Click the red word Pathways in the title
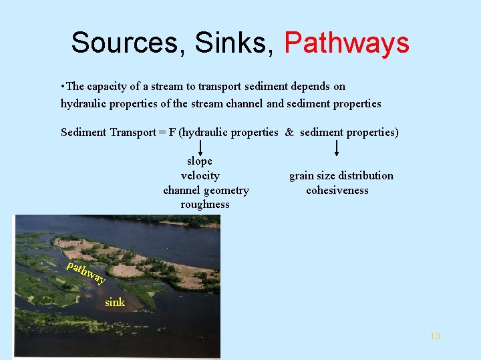point(346,43)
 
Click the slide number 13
point(435,336)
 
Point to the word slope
point(200,161)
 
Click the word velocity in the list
point(200,175)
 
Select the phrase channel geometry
point(206,190)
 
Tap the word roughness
point(204,205)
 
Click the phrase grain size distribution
point(341,175)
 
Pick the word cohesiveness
point(337,190)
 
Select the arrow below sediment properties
point(336,147)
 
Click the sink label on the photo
point(115,302)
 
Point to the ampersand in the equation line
point(289,132)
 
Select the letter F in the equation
point(172,132)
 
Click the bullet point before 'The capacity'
point(62,87)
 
